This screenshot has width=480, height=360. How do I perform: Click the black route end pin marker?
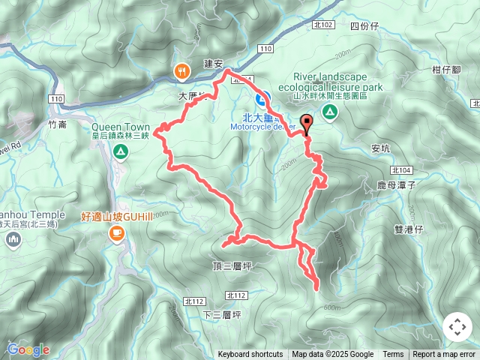306,124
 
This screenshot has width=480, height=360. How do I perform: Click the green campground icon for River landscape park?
329,112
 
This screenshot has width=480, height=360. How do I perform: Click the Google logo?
28,349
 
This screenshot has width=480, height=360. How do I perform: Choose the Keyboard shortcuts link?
250,355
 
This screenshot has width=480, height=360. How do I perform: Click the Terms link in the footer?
393,355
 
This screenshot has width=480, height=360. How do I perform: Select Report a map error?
445,355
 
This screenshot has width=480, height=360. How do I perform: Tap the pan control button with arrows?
457,327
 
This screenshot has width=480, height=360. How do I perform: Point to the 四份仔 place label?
364,25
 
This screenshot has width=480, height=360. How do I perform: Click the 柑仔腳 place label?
446,70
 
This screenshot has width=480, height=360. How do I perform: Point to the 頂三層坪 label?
230,266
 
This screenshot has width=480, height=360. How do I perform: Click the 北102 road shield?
323,25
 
